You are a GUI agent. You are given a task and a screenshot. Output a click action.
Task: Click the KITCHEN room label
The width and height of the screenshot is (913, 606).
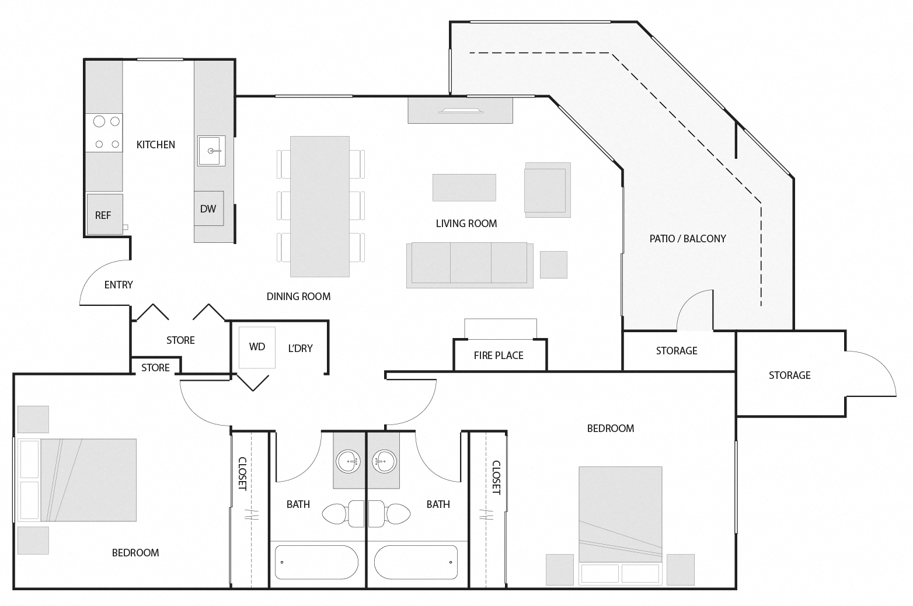click(155, 145)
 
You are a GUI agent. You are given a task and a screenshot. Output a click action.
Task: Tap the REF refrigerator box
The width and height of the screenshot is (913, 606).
click(104, 215)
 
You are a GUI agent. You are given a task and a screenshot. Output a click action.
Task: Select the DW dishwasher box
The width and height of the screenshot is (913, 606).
click(208, 208)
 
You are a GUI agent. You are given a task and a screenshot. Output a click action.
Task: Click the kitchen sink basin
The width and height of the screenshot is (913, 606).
click(211, 151)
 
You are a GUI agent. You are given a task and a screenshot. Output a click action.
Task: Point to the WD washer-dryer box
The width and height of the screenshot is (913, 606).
click(257, 347)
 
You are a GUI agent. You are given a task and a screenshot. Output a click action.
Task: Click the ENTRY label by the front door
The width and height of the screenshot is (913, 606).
click(119, 285)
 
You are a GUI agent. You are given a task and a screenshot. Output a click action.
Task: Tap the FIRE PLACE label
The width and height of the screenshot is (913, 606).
click(498, 356)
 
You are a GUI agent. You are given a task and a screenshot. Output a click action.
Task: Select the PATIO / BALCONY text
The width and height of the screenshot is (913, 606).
click(687, 238)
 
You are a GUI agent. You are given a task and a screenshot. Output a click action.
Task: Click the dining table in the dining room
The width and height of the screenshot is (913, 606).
click(319, 206)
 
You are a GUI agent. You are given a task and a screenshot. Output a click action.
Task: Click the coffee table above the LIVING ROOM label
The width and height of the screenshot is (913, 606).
click(464, 187)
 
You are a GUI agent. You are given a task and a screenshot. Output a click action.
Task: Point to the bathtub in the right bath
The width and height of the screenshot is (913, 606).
click(416, 562)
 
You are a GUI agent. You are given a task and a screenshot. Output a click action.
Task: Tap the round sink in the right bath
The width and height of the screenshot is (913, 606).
click(384, 461)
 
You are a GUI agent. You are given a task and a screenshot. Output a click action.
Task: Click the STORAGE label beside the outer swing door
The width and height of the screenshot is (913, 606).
click(789, 375)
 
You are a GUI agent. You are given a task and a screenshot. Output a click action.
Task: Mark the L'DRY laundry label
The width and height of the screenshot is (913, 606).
click(301, 349)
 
